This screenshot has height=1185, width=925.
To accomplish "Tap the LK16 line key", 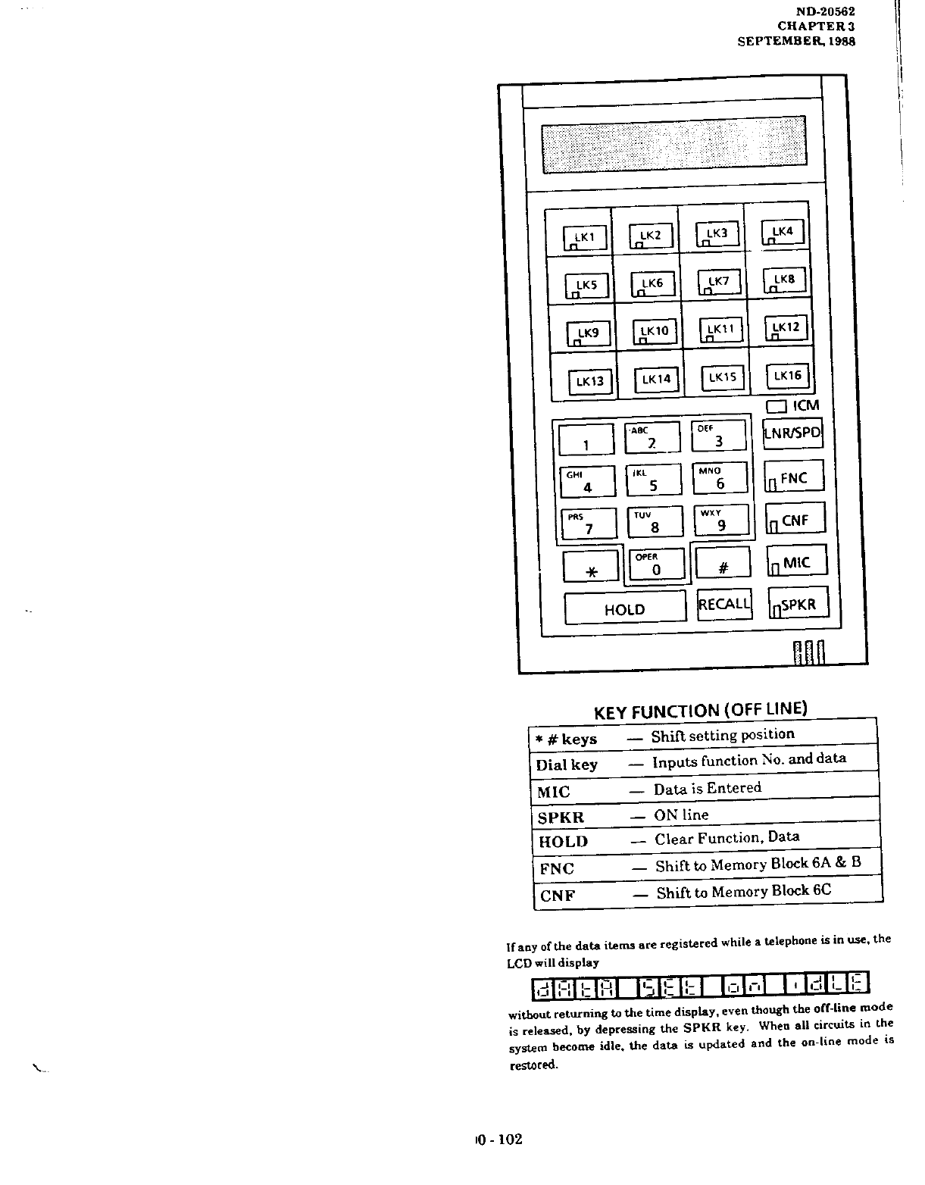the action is tap(788, 376).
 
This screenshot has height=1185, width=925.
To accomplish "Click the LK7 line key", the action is tap(720, 283).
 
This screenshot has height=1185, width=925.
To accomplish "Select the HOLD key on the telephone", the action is tap(625, 608).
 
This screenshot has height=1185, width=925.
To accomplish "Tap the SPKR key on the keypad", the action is tap(798, 604).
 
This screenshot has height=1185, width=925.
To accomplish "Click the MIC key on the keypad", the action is tap(795, 562).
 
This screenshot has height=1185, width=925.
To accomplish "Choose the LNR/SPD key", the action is tap(792, 434).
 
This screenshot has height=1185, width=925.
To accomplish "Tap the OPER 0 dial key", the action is tap(657, 565).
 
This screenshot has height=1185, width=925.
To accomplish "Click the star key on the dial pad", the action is tap(592, 567).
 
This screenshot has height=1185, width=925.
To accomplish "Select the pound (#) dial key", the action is tap(722, 564).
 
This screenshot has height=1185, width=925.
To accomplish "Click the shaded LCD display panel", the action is tap(674, 144).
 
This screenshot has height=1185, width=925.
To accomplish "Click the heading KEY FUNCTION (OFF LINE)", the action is tap(700, 710).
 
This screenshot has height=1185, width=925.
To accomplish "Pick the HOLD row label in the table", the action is tap(563, 842).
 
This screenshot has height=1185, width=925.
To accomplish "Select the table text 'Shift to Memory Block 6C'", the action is tap(743, 892).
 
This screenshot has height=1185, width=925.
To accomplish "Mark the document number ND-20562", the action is tap(825, 11).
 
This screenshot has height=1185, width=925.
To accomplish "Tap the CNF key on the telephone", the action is tap(794, 520).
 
